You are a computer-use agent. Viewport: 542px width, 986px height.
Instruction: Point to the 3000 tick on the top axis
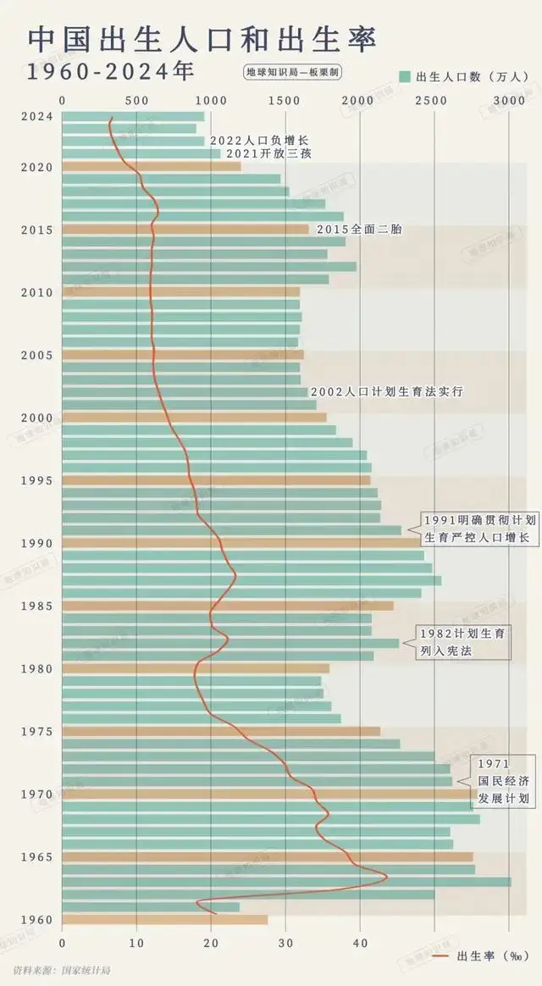(509, 101)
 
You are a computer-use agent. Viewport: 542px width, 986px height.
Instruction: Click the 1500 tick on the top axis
(285, 101)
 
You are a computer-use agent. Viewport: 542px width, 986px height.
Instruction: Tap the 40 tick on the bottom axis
(360, 940)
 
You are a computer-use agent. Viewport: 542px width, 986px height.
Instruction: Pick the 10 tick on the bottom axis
(136, 940)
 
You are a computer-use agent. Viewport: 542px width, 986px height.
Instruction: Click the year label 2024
(37, 117)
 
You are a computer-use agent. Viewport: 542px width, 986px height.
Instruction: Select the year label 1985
(37, 606)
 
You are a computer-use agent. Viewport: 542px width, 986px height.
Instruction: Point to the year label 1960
(37, 920)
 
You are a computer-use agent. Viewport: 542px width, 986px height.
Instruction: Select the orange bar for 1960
(164, 920)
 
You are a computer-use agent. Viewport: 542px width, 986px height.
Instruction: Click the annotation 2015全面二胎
(358, 230)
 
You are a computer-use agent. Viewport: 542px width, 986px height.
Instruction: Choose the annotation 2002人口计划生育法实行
(386, 392)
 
